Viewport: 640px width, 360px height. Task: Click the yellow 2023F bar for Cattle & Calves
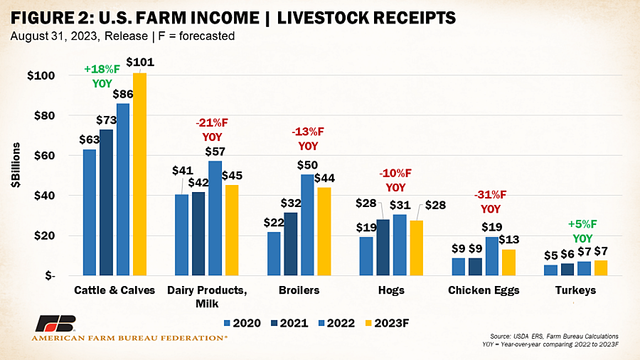tap(139, 174)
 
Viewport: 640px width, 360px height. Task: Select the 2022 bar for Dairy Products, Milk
tap(215, 218)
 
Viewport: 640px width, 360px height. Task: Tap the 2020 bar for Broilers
tap(274, 254)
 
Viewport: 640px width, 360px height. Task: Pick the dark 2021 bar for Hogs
tap(383, 248)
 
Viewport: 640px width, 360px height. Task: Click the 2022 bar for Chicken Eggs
tap(492, 256)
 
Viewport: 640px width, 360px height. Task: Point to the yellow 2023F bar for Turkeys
tap(601, 268)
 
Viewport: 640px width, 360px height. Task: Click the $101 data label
tap(140, 62)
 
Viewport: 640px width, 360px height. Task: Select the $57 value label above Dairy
tap(215, 152)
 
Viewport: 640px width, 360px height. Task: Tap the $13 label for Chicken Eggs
tap(509, 239)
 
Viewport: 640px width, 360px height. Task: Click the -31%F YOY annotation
tap(490, 201)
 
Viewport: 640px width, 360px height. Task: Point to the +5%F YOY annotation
tap(582, 231)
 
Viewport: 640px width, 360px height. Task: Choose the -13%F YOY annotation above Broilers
tap(308, 139)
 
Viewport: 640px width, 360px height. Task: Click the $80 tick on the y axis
tap(45, 115)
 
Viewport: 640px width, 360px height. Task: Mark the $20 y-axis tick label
tap(45, 236)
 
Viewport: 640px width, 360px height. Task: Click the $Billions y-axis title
tap(16, 165)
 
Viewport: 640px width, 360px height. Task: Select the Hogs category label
tap(391, 290)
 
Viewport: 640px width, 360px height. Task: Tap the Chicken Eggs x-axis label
tap(484, 290)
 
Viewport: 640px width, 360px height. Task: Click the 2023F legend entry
tap(387, 323)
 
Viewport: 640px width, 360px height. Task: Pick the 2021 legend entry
tap(289, 323)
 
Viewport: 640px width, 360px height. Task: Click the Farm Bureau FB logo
tap(55, 323)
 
